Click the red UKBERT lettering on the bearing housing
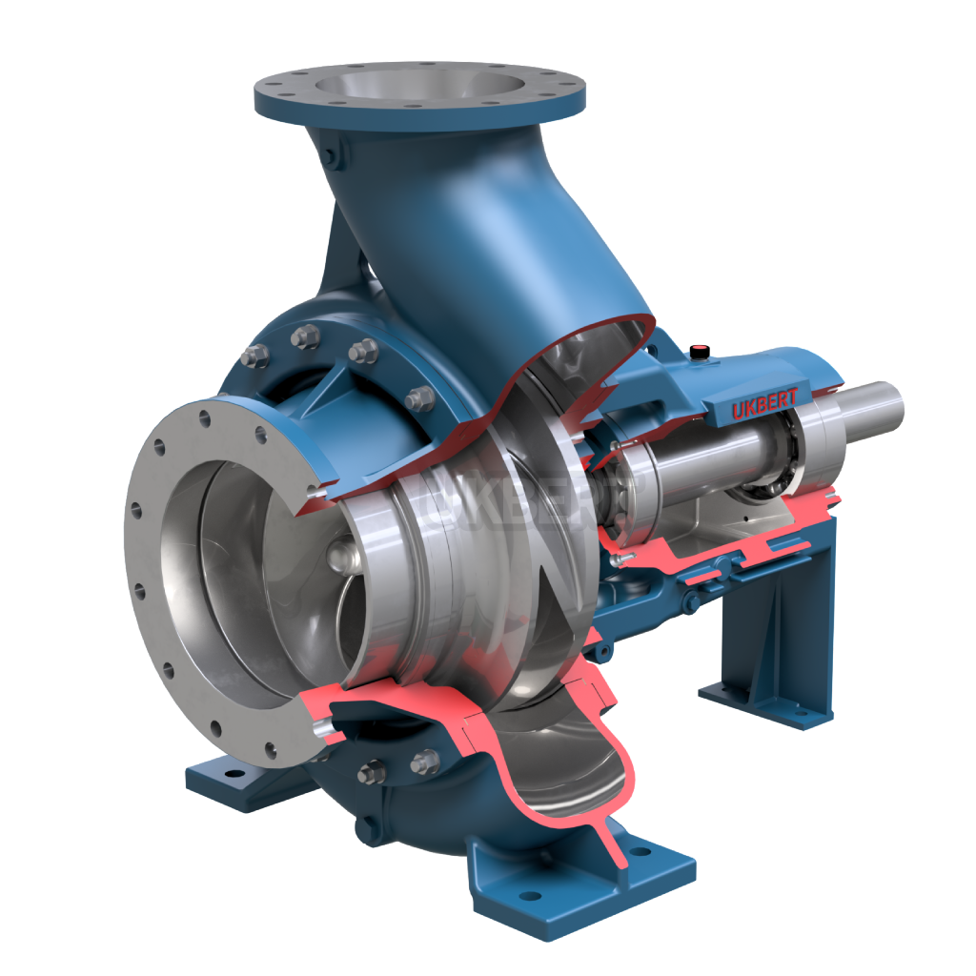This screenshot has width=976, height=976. click(x=764, y=403)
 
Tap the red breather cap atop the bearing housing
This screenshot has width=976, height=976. click(x=701, y=351)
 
